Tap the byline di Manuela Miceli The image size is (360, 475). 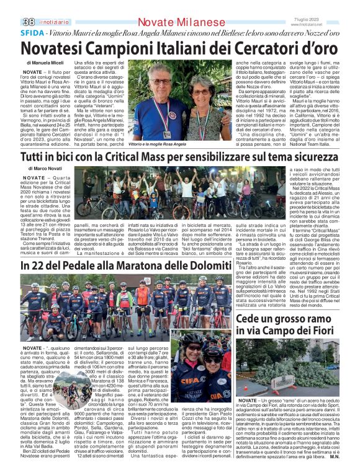[45, 64]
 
